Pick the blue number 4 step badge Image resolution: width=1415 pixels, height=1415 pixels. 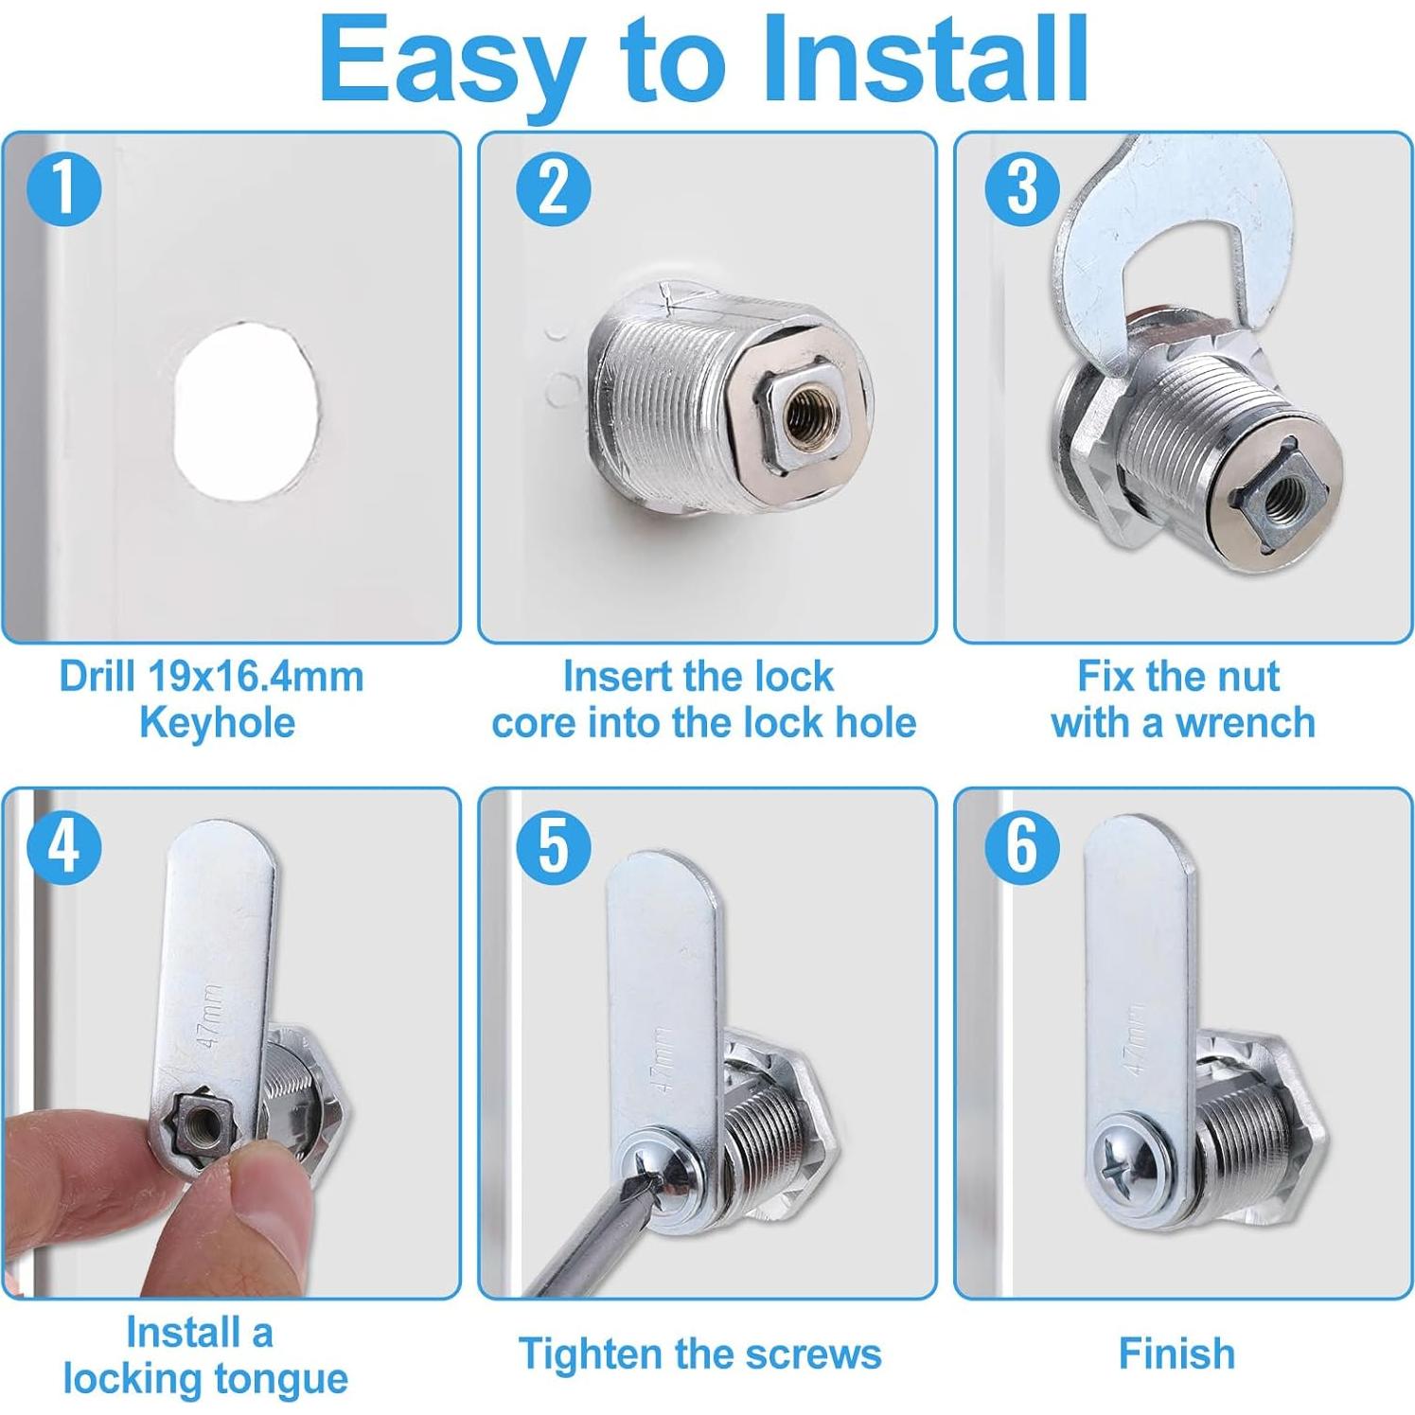(64, 846)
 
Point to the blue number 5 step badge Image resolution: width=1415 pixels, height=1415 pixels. (554, 846)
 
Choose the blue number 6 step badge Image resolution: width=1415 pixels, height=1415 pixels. (1022, 846)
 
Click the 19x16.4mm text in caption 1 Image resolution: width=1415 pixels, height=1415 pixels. (256, 677)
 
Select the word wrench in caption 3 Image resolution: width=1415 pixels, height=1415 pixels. (1245, 723)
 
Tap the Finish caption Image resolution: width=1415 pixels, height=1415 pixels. (1176, 1353)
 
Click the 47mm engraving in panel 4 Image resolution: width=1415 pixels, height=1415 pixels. (210, 1016)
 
